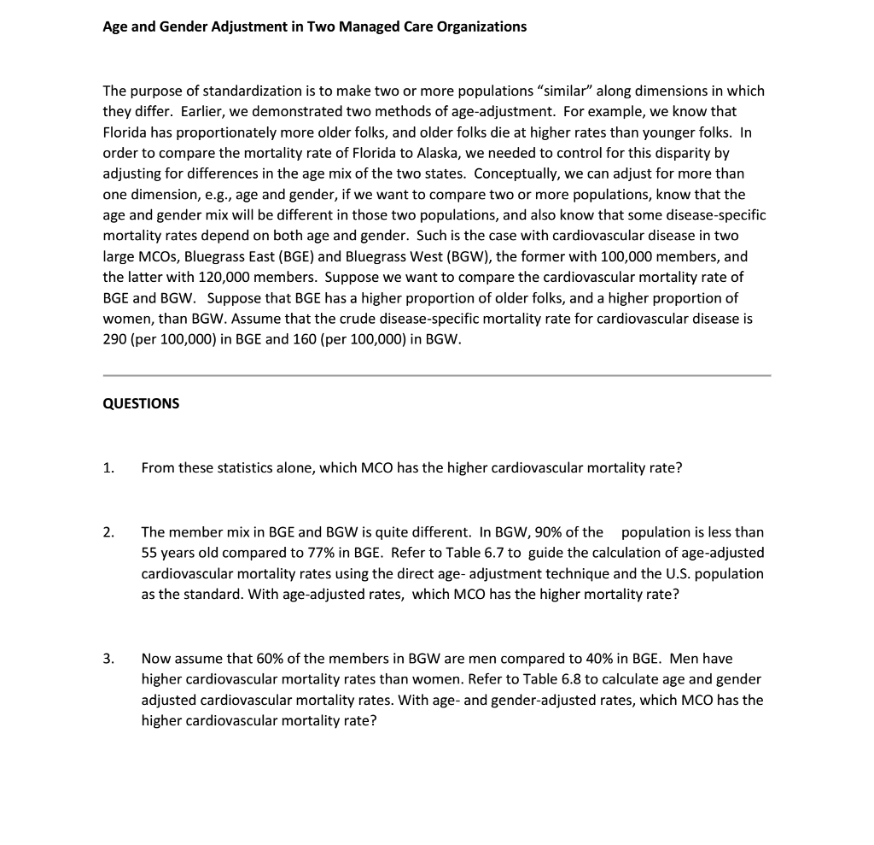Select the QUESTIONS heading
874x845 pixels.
[141, 403]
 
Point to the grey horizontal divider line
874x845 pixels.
[437, 375]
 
